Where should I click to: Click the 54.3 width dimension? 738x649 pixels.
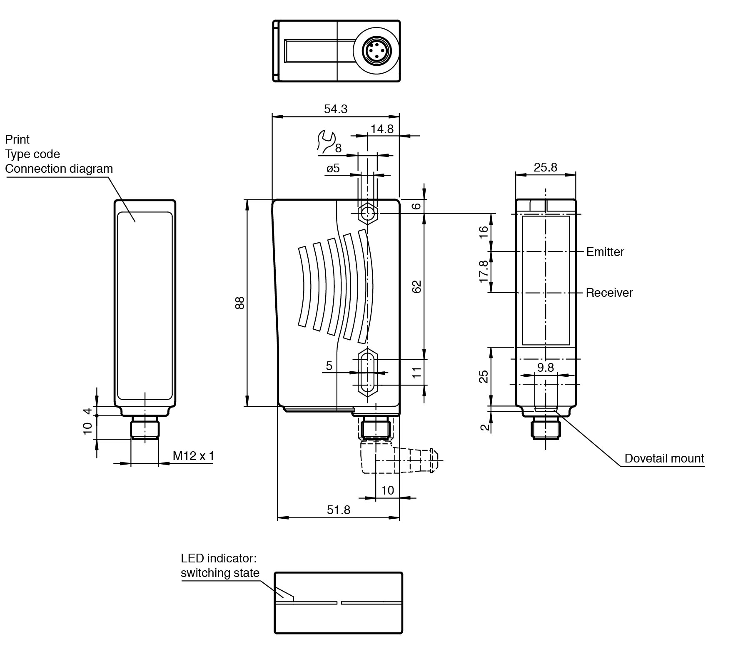[x=335, y=109]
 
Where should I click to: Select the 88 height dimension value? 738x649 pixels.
[x=240, y=303]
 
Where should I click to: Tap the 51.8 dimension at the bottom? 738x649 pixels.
[x=338, y=510]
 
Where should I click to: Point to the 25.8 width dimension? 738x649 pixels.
[x=545, y=167]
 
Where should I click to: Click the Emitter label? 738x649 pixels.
[x=605, y=252]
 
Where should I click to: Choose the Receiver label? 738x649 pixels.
[x=609, y=293]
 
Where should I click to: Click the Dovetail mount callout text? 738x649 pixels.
[x=664, y=458]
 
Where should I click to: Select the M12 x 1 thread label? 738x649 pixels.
[x=193, y=456]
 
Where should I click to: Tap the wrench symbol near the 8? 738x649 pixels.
[x=326, y=140]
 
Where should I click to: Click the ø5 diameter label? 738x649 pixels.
[x=333, y=168]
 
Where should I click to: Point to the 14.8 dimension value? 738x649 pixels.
[x=382, y=129]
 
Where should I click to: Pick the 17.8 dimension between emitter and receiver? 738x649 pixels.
[x=484, y=271]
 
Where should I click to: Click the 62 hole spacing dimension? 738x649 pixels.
[x=416, y=286]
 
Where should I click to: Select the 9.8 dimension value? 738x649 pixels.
[x=545, y=367]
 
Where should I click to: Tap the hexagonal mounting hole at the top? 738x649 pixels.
[x=367, y=214]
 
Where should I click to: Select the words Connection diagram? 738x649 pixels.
[x=59, y=169]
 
